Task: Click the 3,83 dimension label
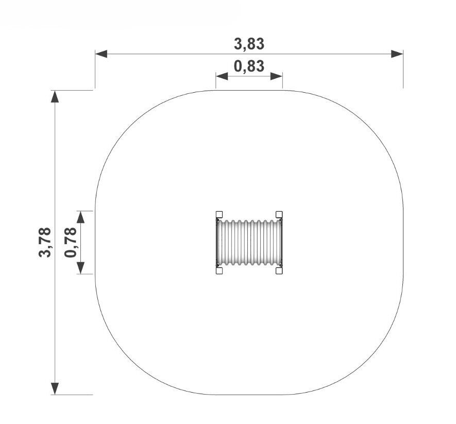[249, 44]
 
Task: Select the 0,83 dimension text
[249, 66]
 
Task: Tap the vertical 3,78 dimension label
[45, 242]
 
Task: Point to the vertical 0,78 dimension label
[71, 242]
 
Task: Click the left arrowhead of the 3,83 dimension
[101, 54]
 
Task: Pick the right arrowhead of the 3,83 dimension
[397, 54]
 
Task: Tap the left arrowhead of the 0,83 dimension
[222, 76]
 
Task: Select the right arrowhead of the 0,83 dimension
[276, 76]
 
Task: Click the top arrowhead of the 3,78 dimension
[55, 96]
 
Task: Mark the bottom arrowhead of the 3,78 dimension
[55, 389]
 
